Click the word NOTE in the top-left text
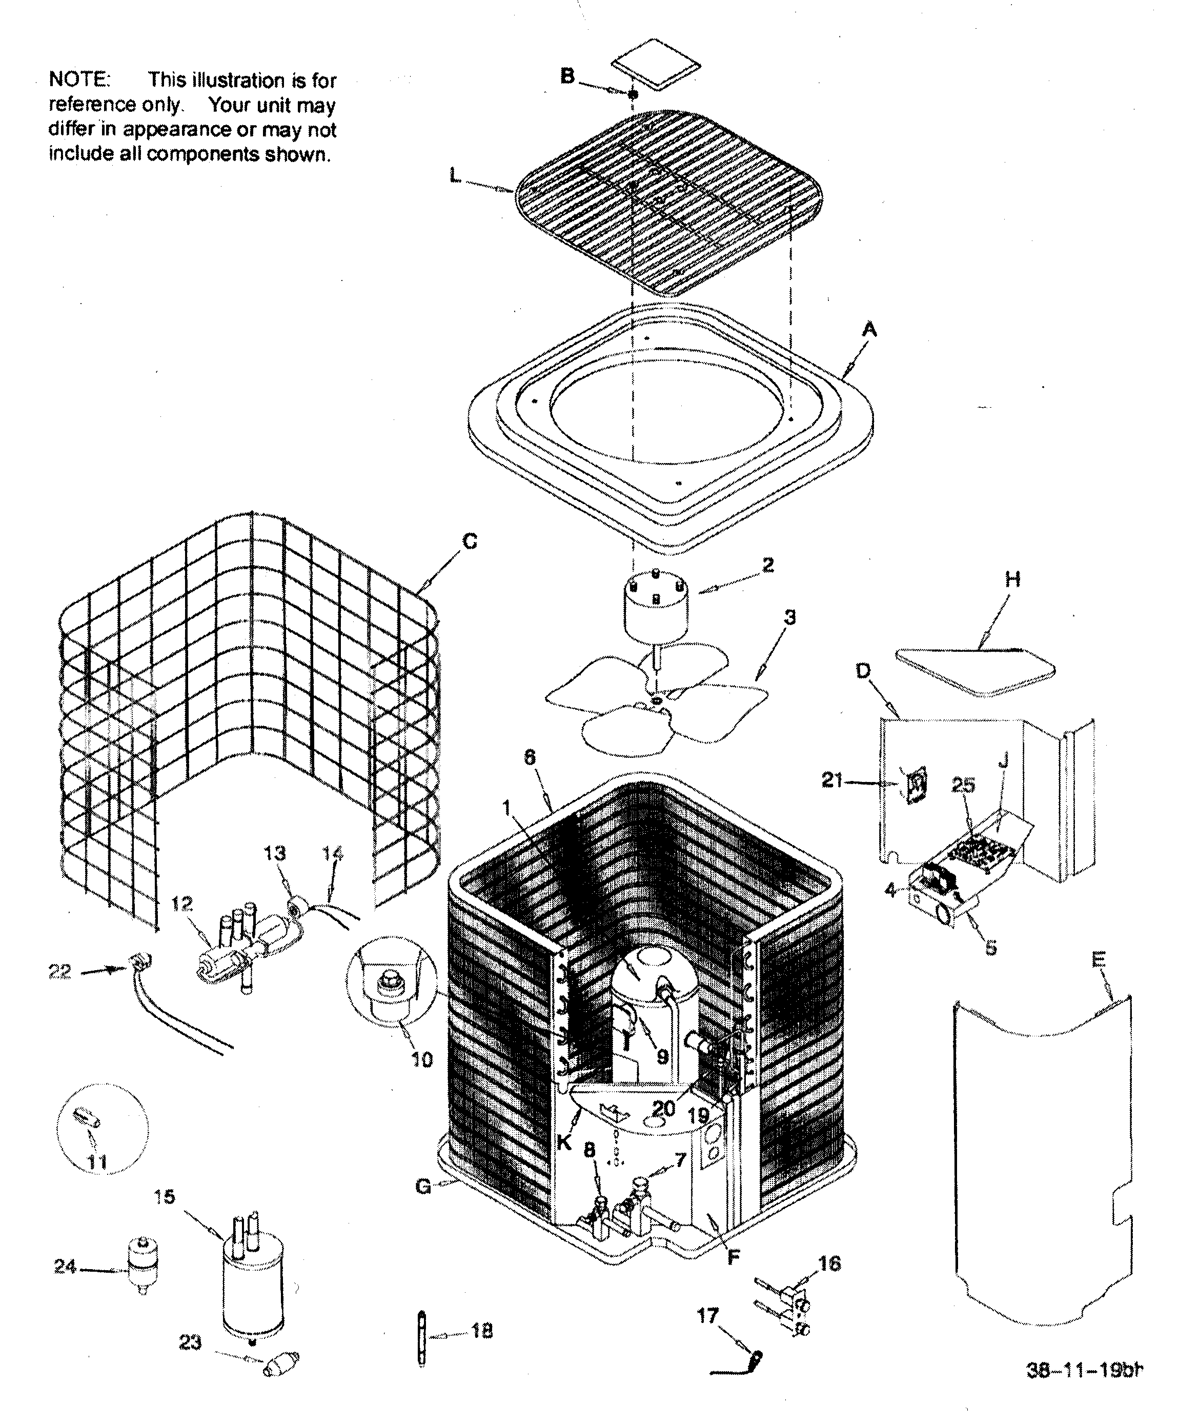(x=78, y=80)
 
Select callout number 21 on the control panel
(x=832, y=780)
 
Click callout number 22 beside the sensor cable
(x=59, y=972)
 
